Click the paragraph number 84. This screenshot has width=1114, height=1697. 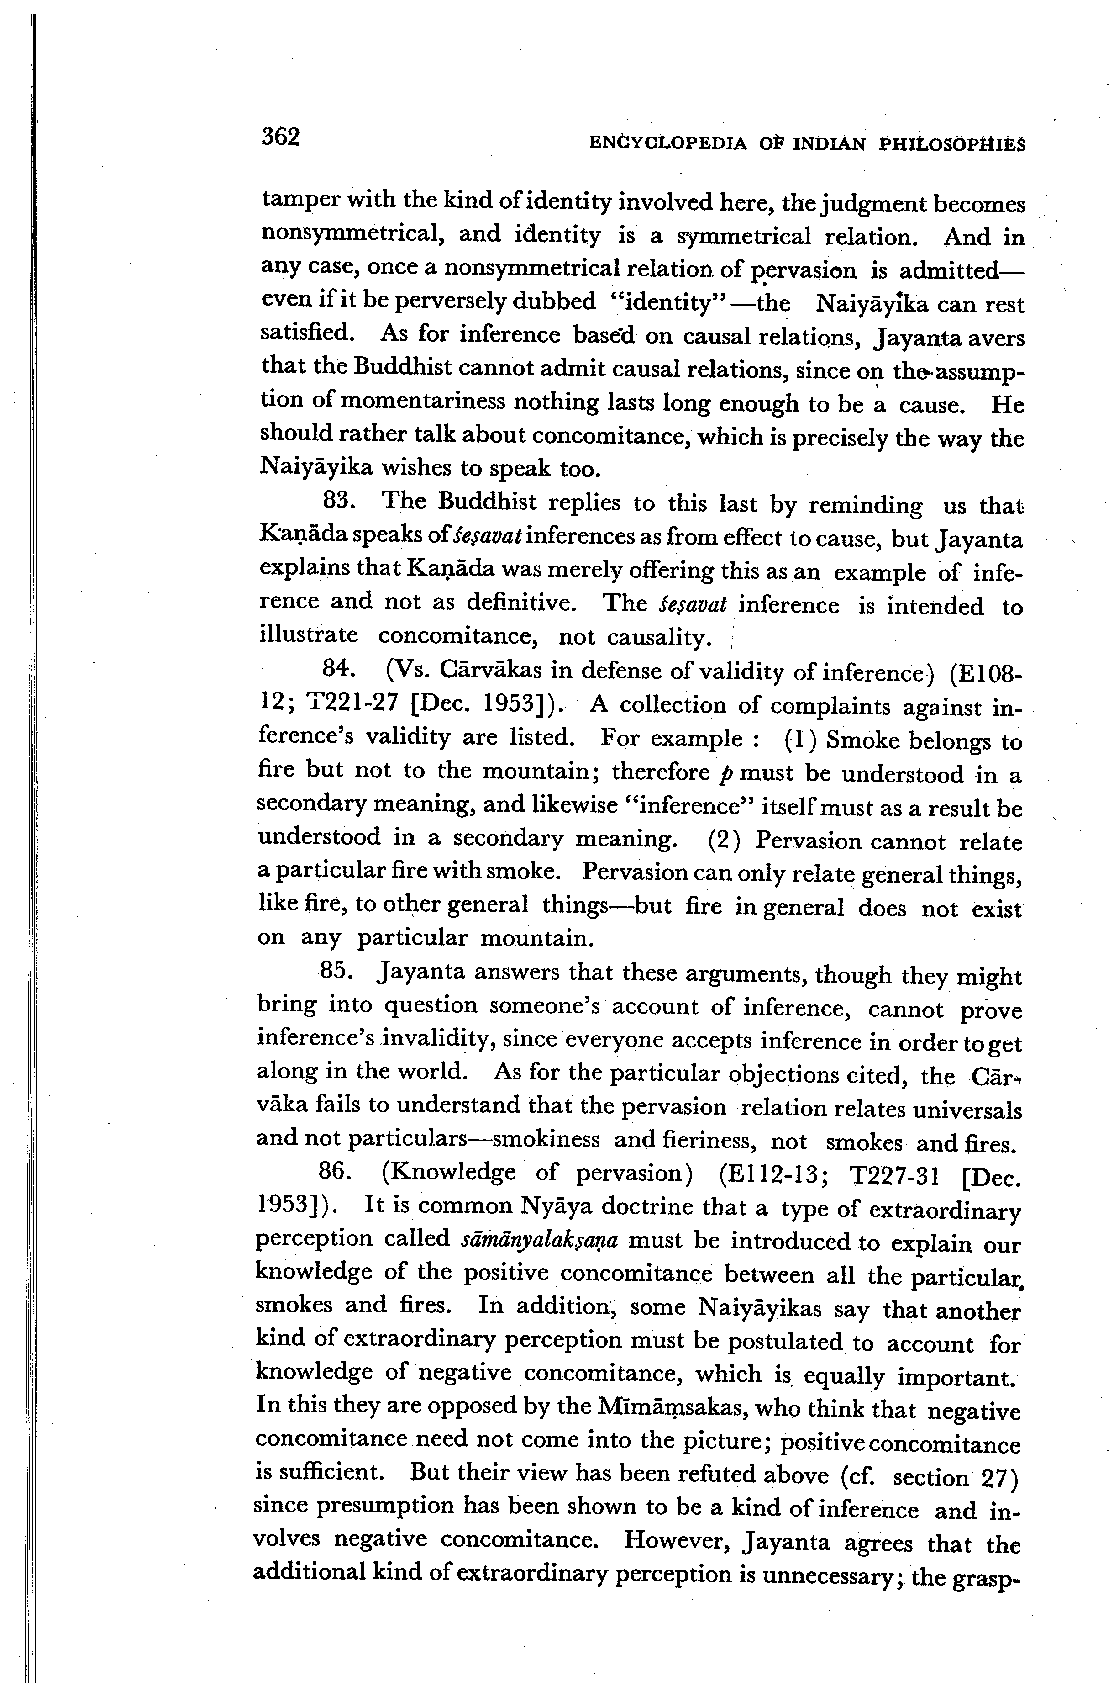339,668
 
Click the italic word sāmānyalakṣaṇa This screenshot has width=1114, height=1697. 540,1239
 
